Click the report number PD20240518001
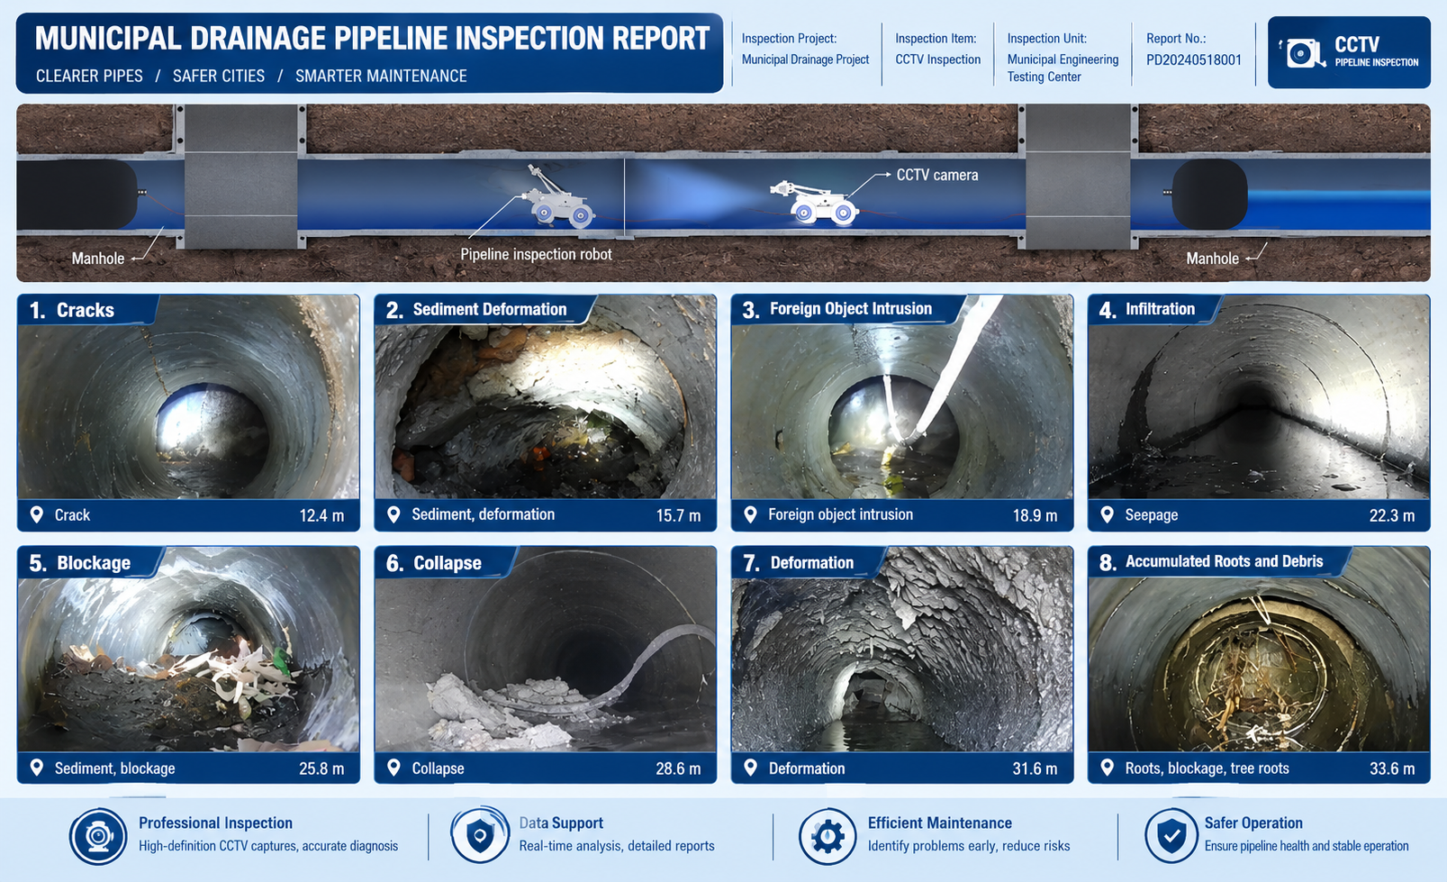[1194, 60]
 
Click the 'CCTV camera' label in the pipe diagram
[936, 175]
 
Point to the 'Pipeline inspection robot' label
[536, 255]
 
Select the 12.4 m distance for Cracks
[321, 515]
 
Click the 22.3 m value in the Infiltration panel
[1391, 515]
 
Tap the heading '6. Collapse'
[433, 563]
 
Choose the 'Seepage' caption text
[1151, 515]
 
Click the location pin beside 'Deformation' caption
[750, 768]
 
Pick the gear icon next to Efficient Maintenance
[828, 836]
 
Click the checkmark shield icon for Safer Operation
[1171, 836]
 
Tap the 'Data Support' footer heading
[561, 823]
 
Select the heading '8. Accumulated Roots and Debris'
[1210, 561]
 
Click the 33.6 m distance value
[1392, 768]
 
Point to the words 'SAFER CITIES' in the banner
[218, 77]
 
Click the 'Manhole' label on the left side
[97, 259]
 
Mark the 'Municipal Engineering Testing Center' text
[1063, 68]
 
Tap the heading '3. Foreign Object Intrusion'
[837, 310]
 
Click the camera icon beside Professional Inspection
[98, 836]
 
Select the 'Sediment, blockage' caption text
[114, 768]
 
